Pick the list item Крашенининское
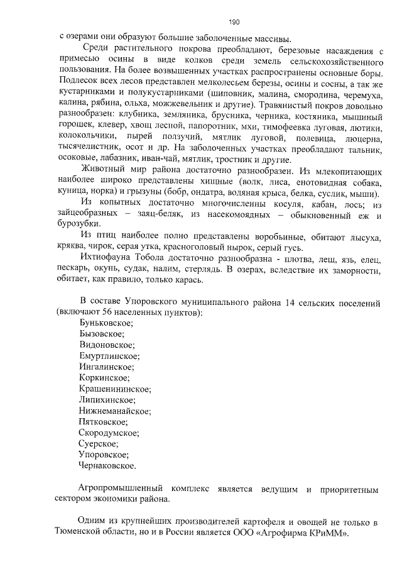pos(114,388)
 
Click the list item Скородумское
pos(110,432)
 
